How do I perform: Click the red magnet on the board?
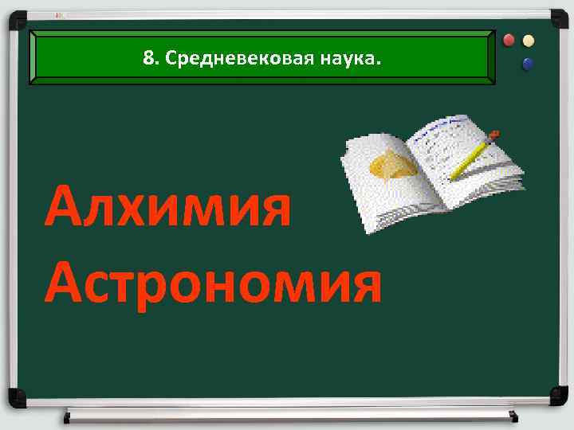pyautogui.click(x=511, y=41)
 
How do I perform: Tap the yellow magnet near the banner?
pyautogui.click(x=529, y=41)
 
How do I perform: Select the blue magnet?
pyautogui.click(x=528, y=64)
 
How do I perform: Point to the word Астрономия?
pyautogui.click(x=213, y=284)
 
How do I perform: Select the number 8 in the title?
pyautogui.click(x=147, y=58)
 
